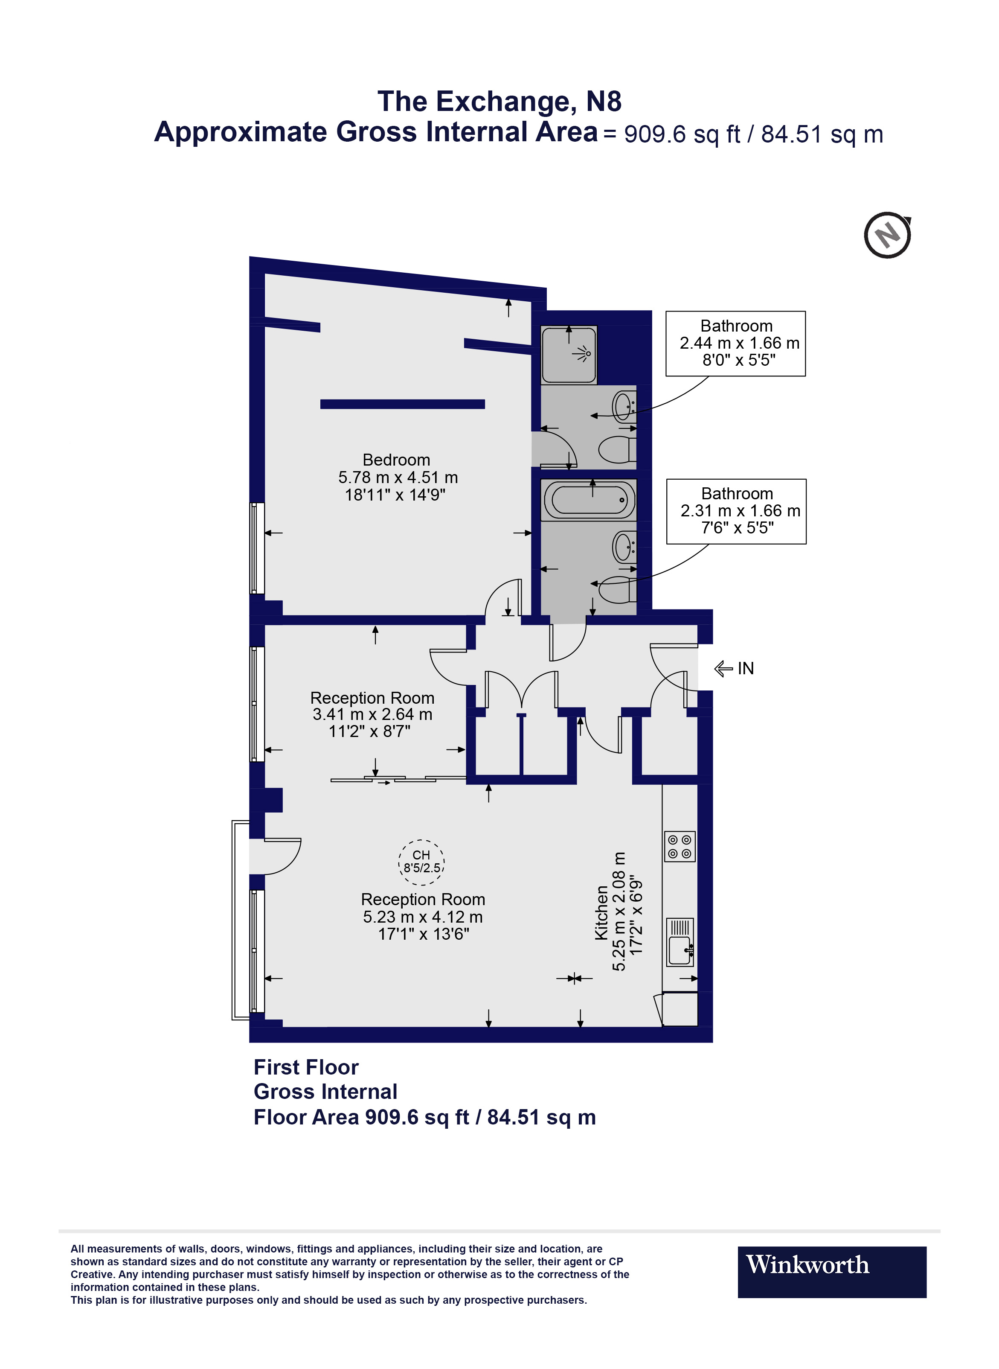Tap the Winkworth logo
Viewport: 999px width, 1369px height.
pyautogui.click(x=831, y=1272)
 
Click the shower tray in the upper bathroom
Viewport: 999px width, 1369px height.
pyautogui.click(x=569, y=355)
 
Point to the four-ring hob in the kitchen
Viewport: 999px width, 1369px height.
pyautogui.click(x=679, y=846)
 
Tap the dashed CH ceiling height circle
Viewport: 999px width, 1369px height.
pyautogui.click(x=421, y=862)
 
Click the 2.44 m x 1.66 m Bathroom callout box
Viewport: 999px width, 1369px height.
pyautogui.click(x=735, y=344)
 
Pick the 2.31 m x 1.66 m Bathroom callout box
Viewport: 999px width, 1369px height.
pyautogui.click(x=736, y=511)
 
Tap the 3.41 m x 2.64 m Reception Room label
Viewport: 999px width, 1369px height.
pyautogui.click(x=372, y=714)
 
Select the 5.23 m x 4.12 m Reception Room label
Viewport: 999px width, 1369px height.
pyautogui.click(x=423, y=917)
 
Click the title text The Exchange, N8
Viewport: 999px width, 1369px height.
pyautogui.click(x=499, y=102)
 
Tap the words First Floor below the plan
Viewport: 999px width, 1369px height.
pyautogui.click(x=306, y=1067)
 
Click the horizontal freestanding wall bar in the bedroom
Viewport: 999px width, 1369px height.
pyautogui.click(x=402, y=404)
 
